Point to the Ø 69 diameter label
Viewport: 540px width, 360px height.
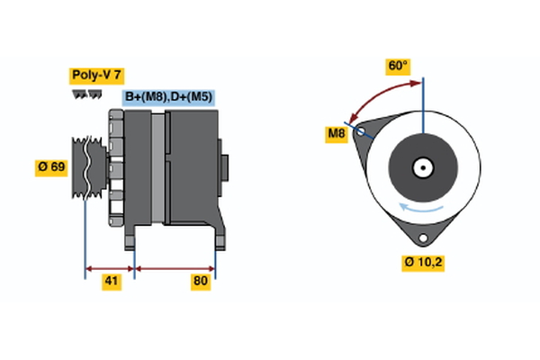click(51, 167)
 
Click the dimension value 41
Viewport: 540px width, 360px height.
click(111, 282)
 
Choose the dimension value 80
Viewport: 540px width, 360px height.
click(201, 282)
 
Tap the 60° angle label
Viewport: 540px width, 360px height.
click(398, 66)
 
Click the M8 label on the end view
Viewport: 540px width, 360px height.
click(337, 135)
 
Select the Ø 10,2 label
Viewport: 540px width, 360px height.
click(422, 263)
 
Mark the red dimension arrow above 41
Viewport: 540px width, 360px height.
click(110, 267)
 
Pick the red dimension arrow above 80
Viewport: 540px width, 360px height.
click(175, 267)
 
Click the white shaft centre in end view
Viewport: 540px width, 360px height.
click(422, 167)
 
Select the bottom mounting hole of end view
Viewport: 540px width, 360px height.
click(422, 236)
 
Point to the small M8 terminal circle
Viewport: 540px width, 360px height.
click(362, 132)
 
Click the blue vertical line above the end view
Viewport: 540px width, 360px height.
click(422, 103)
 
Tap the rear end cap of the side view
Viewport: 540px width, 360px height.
click(225, 167)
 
